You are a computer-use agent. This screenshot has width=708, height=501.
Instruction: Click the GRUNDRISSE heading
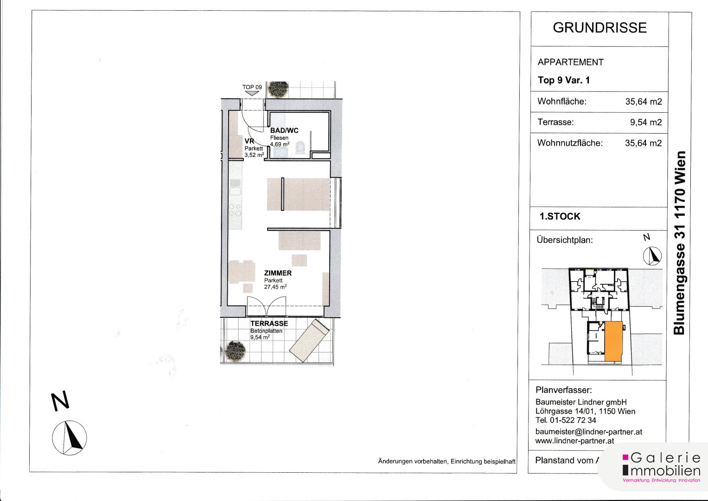600,28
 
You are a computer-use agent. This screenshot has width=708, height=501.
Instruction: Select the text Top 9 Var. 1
564,80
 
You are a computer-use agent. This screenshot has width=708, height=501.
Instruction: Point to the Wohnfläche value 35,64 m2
644,102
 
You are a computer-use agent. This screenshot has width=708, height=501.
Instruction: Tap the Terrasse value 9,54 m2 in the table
646,122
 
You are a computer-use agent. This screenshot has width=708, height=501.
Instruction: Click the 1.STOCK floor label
560,216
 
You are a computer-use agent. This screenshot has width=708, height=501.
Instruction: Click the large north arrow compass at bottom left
70,438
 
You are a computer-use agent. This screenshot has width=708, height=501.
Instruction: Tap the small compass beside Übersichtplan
652,256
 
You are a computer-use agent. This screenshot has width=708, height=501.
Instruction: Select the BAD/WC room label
284,130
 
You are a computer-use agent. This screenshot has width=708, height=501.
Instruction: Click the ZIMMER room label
278,273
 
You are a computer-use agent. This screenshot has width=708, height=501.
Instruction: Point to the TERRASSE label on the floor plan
269,324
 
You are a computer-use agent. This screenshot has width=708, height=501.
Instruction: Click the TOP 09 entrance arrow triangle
252,93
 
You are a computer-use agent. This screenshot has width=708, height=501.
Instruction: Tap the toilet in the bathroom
300,148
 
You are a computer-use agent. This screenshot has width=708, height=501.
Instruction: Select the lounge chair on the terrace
309,340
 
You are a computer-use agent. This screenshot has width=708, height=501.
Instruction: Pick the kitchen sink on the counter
235,191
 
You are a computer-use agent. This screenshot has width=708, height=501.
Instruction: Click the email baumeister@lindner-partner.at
588,432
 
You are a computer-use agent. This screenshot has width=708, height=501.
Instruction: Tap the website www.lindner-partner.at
574,441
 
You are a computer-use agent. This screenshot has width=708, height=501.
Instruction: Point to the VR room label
249,141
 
